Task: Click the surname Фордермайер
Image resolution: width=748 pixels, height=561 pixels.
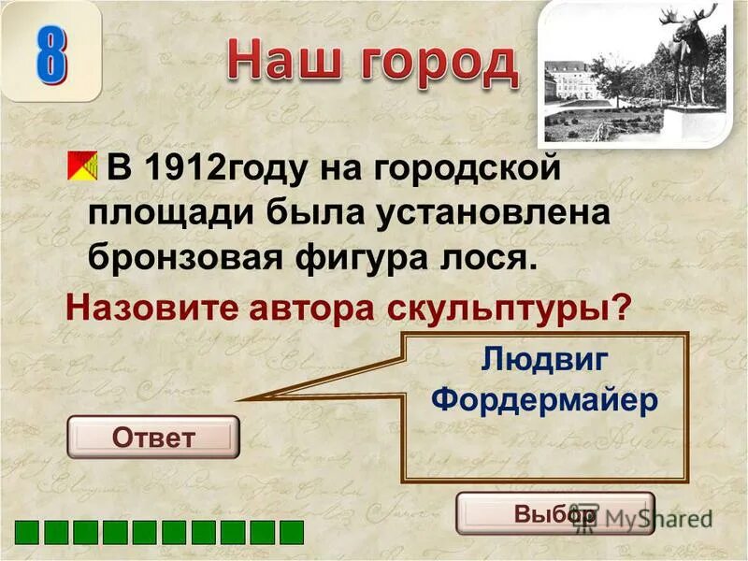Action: pyautogui.click(x=546, y=399)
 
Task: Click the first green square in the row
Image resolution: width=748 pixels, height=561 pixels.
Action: pyautogui.click(x=26, y=532)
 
